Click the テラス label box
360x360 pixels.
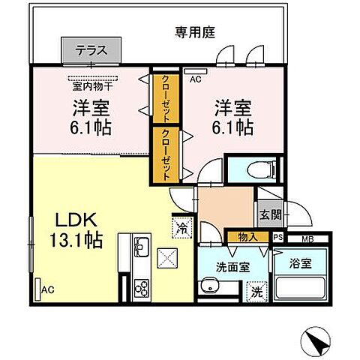click(92, 52)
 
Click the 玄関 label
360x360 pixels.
click(269, 216)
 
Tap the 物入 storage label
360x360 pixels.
click(247, 237)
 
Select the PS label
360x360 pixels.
click(277, 238)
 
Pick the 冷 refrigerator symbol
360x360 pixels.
click(181, 226)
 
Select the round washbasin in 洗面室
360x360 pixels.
click(208, 286)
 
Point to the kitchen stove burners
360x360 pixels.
click(141, 287)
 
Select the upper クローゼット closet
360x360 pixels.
click(161, 98)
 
